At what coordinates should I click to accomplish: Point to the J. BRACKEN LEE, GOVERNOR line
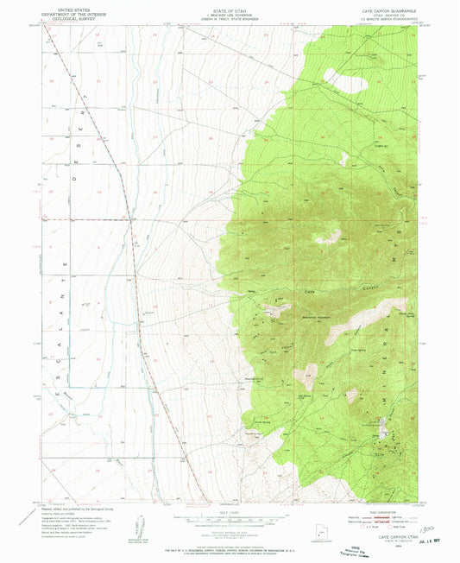(230, 14)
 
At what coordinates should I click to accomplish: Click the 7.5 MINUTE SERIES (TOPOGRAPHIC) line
(380, 20)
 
